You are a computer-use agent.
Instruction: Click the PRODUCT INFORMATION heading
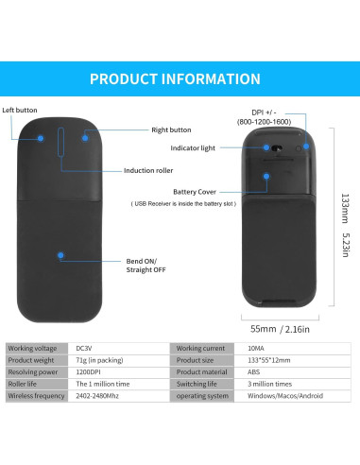(x=180, y=78)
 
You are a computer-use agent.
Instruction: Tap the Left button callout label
(x=20, y=110)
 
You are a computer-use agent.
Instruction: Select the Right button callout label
(x=171, y=129)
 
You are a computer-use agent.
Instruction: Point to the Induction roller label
(x=150, y=171)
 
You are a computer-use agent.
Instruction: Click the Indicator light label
(x=195, y=148)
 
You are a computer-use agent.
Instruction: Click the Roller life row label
(x=26, y=384)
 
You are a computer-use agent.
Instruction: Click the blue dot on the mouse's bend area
(x=60, y=255)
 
